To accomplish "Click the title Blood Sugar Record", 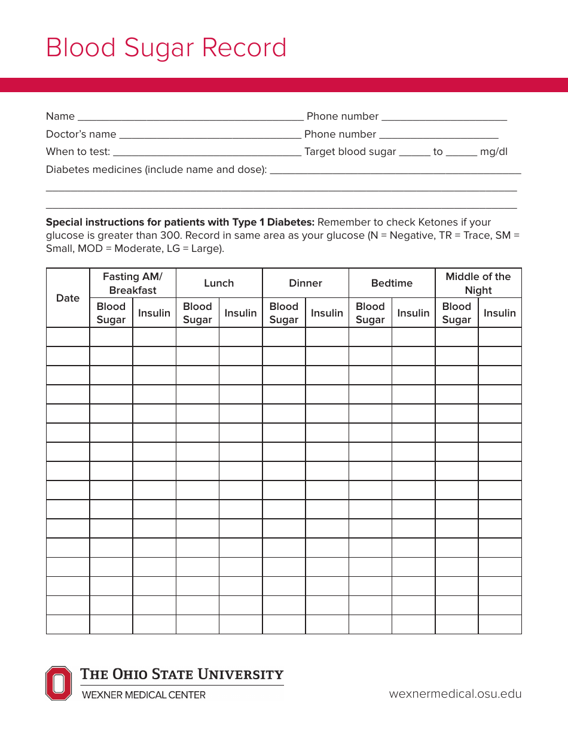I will pyautogui.click(x=166, y=48).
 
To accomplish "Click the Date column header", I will pyautogui.click(x=68, y=298).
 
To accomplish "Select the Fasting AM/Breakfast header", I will pyautogui.click(x=132, y=283).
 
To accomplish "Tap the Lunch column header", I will pyautogui.click(x=219, y=283).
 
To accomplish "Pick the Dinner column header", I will pyautogui.click(x=305, y=283).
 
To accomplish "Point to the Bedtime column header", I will pyautogui.click(x=392, y=283).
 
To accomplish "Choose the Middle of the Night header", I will pyautogui.click(x=478, y=283).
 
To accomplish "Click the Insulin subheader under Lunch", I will pyautogui.click(x=240, y=313).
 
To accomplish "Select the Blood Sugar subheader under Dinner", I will pyautogui.click(x=283, y=313).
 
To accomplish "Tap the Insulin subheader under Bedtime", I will pyautogui.click(x=413, y=313).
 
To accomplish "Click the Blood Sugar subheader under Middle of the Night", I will pyautogui.click(x=456, y=313).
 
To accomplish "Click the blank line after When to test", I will pyautogui.click(x=207, y=154).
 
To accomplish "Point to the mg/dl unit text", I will pyautogui.click(x=494, y=152).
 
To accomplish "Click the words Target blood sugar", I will pyautogui.click(x=350, y=152).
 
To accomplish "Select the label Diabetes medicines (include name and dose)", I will pyautogui.click(x=156, y=169).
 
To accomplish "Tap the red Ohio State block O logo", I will pyautogui.click(x=58, y=683).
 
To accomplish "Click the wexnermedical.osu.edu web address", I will pyautogui.click(x=455, y=694).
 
